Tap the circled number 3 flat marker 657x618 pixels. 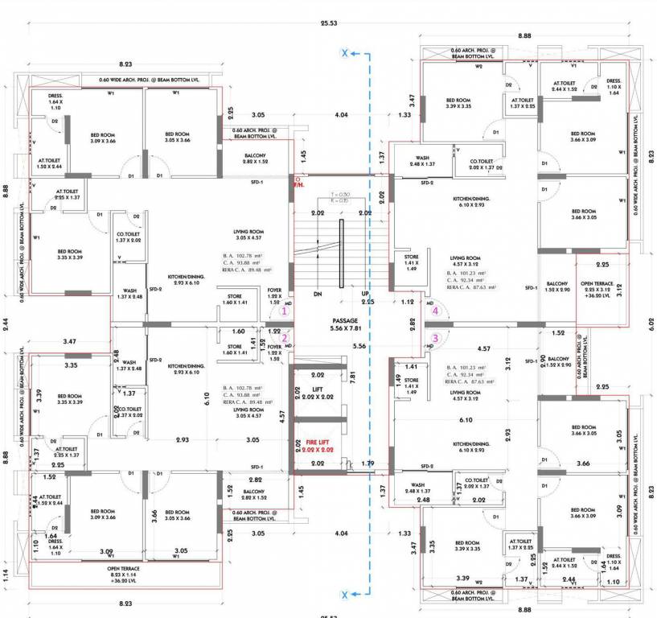pyautogui.click(x=436, y=338)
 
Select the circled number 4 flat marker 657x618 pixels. pyautogui.click(x=436, y=310)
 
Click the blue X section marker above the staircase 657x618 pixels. pyautogui.click(x=345, y=53)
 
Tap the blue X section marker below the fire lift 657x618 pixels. pyautogui.click(x=345, y=594)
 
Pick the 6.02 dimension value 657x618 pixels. pyautogui.click(x=651, y=324)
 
